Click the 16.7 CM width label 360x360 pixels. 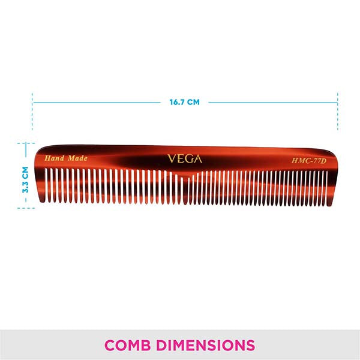pos(184,102)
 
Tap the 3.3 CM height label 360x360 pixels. pos(25,179)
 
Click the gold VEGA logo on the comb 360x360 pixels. pos(184,160)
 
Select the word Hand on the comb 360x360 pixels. pos(55,158)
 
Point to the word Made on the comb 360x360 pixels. pos(77,158)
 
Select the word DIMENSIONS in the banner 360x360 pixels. pos(206,346)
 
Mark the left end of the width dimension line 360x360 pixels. pos(33,102)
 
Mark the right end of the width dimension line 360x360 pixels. pos(338,102)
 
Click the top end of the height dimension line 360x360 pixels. pos(25,143)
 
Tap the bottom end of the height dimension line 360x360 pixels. pos(25,208)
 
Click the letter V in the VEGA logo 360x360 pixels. pos(171,160)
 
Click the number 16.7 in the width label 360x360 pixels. pos(178,102)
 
